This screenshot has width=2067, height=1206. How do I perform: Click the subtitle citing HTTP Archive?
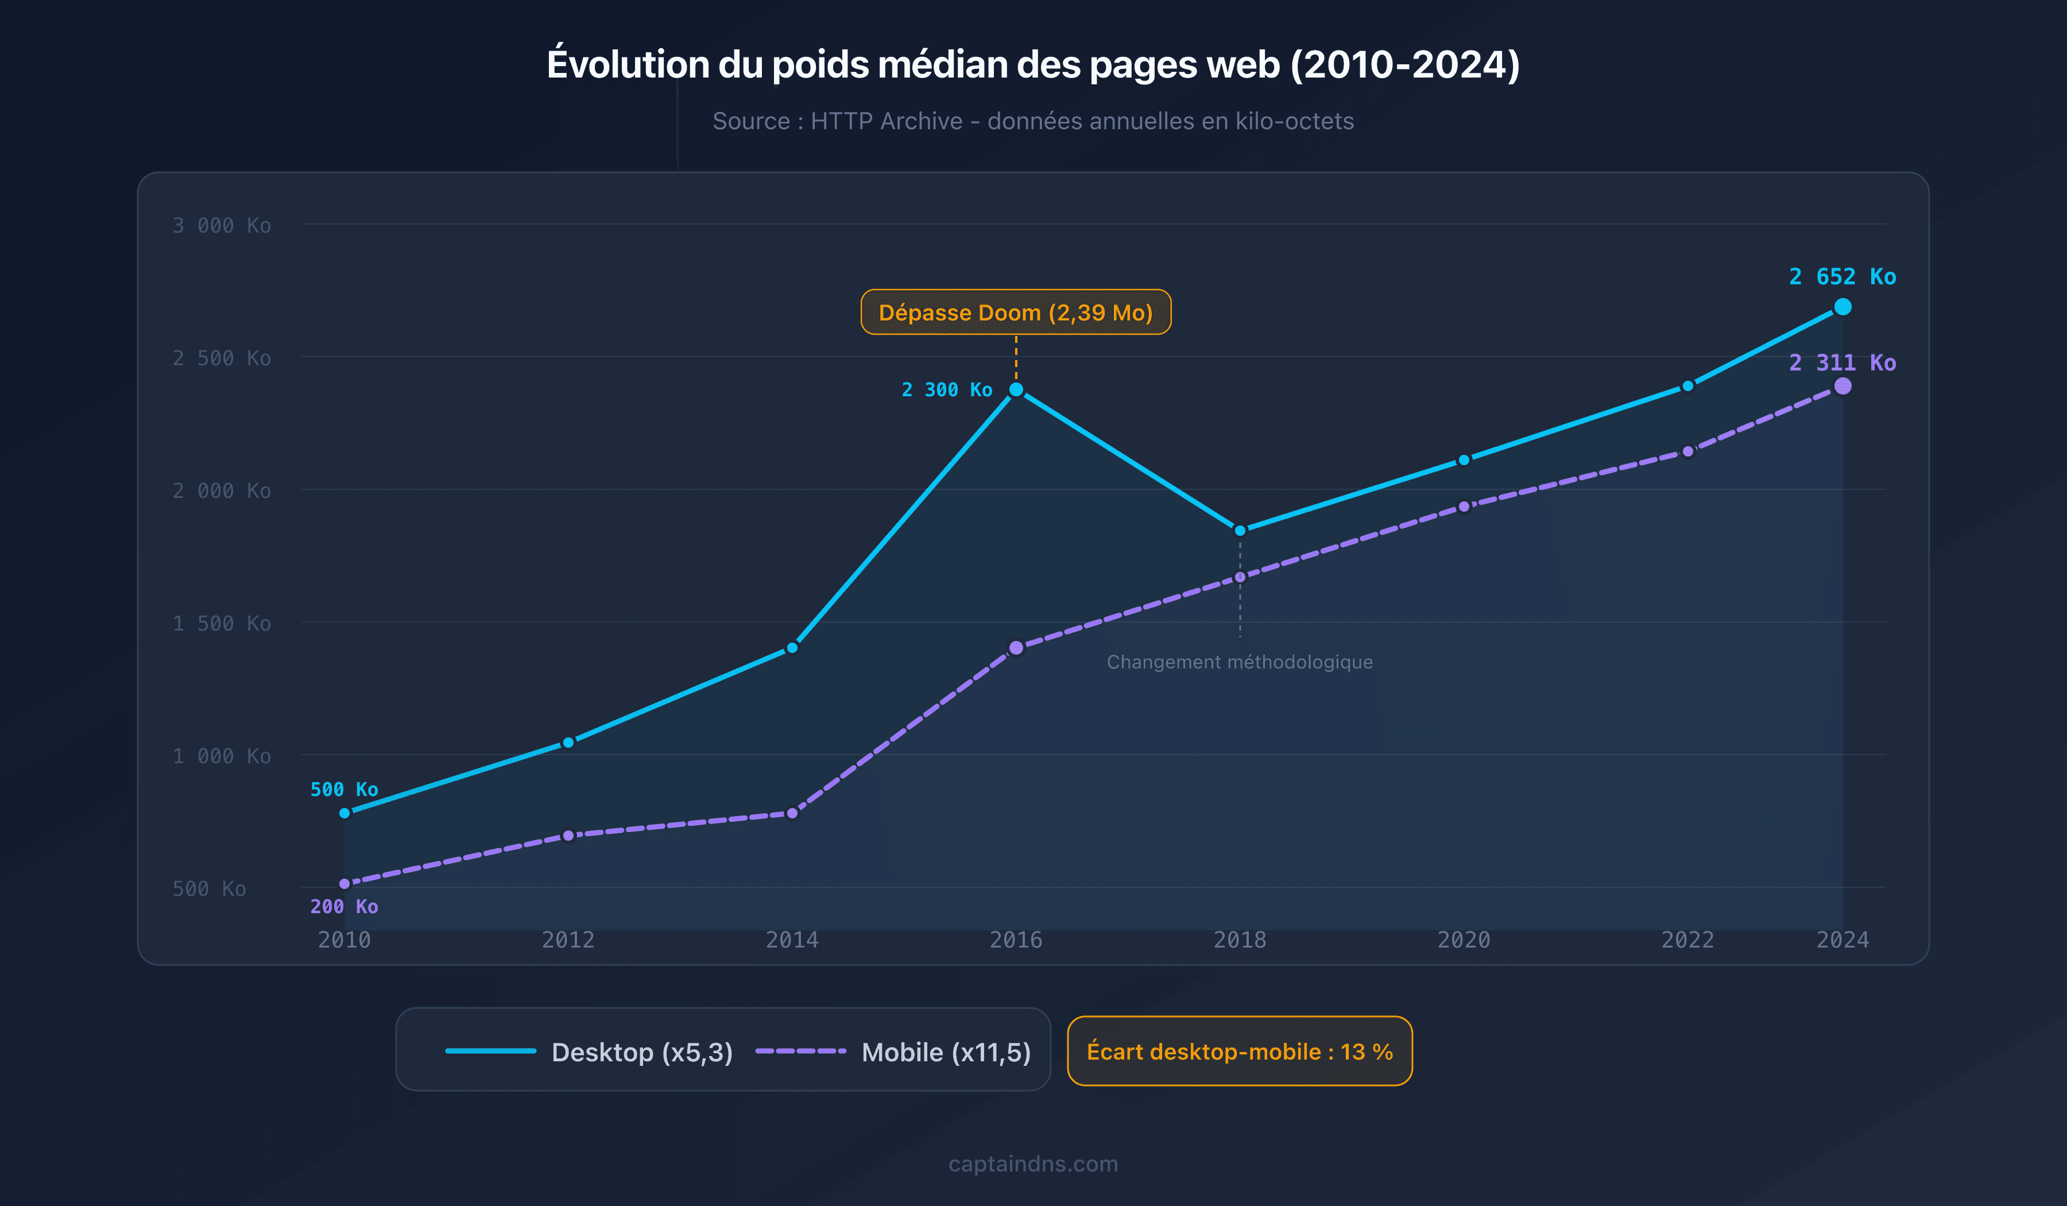(x=1033, y=121)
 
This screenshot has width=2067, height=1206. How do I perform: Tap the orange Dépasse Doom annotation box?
(x=1016, y=312)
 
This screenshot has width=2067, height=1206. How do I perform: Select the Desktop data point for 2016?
(x=1016, y=390)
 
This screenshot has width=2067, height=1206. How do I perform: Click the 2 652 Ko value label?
(x=1843, y=276)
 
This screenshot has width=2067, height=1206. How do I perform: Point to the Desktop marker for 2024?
(x=1843, y=307)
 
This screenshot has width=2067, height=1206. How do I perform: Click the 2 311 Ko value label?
(x=1843, y=362)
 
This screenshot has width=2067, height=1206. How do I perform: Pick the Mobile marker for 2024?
(x=1843, y=386)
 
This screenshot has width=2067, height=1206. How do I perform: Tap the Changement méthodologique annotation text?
(x=1240, y=662)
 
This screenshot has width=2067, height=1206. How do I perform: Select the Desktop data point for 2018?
(x=1240, y=531)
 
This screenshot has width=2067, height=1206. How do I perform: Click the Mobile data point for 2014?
(x=792, y=814)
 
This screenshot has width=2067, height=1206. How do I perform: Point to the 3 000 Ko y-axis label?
(x=222, y=226)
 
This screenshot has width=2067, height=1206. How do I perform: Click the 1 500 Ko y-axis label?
(x=222, y=624)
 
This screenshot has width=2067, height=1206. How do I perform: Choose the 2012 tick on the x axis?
(x=568, y=940)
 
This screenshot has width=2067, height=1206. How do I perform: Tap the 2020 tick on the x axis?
(x=1464, y=940)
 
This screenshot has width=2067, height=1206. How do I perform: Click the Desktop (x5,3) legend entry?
(x=588, y=1052)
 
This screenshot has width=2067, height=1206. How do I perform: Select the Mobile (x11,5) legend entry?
(x=892, y=1052)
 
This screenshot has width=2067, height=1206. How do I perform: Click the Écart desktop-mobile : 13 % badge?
(x=1240, y=1052)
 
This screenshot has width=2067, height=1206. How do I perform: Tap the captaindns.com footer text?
(x=1033, y=1164)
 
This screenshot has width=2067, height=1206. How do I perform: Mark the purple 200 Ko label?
(x=344, y=907)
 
